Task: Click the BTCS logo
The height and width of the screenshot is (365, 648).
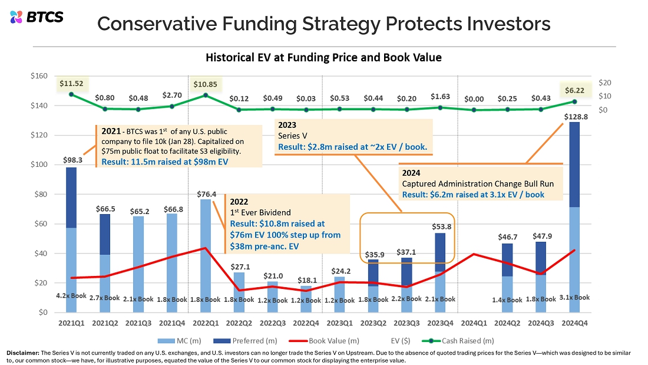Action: (37, 17)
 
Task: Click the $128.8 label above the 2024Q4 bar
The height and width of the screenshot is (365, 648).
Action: (576, 117)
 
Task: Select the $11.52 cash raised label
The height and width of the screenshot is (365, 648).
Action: (71, 83)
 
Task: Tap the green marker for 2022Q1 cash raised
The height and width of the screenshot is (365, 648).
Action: (206, 95)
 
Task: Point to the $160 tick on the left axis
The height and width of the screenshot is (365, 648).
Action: (39, 75)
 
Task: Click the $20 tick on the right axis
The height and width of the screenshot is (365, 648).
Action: (604, 83)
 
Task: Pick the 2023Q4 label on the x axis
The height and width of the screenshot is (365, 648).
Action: (440, 323)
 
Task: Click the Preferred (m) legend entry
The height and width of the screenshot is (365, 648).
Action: (245, 341)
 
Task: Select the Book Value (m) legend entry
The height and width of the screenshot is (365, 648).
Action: (324, 341)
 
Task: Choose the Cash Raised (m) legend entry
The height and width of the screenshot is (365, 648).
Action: (458, 341)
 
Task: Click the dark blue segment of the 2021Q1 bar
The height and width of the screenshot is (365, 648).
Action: (71, 198)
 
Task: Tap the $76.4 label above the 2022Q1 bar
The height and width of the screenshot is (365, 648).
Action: (206, 194)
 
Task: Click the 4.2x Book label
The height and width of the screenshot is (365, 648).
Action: (71, 295)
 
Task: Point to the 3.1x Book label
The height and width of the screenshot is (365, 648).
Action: (574, 297)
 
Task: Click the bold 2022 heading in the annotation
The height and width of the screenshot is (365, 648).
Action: (239, 202)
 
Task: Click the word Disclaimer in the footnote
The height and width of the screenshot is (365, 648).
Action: (23, 353)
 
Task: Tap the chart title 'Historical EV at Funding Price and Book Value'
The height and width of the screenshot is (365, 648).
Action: (323, 57)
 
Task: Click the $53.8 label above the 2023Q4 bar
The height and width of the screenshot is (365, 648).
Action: (441, 227)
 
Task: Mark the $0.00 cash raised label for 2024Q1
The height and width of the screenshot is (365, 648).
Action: (474, 99)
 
